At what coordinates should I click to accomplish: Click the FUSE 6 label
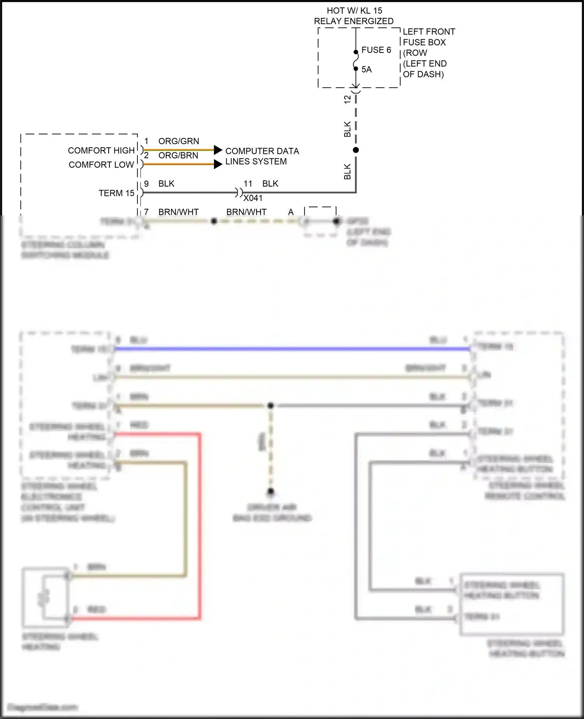click(376, 50)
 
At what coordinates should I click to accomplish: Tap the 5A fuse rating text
click(366, 70)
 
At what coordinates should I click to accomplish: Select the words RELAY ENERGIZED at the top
click(354, 21)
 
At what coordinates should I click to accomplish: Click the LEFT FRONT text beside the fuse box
click(429, 32)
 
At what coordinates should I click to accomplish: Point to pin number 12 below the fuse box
click(347, 99)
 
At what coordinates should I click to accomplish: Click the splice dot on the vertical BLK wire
click(355, 150)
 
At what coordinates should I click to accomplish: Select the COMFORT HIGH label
click(101, 150)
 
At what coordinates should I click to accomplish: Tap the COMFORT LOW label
click(101, 165)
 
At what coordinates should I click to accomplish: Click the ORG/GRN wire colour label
click(179, 141)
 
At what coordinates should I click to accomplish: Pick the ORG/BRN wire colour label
click(178, 155)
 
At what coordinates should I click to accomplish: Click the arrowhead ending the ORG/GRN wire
click(218, 150)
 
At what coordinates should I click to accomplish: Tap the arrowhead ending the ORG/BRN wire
click(218, 164)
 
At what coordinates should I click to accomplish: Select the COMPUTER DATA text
click(262, 151)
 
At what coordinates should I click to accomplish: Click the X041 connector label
click(253, 198)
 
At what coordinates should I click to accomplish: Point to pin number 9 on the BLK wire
click(146, 183)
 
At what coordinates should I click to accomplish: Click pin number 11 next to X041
click(248, 183)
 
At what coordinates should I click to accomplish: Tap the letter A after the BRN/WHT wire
click(291, 212)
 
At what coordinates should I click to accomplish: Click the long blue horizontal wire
click(292, 349)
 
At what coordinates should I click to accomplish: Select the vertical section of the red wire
click(200, 526)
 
